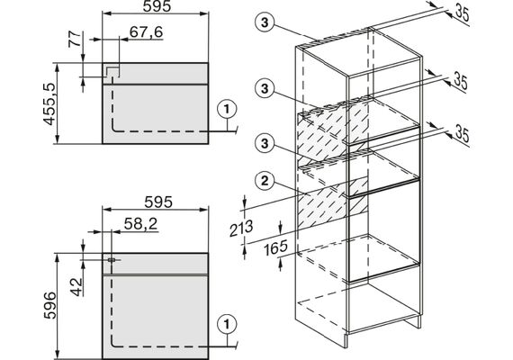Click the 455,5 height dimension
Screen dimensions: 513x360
point(49,104)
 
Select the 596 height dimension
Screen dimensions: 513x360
point(49,305)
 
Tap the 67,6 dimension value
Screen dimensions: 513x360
point(146,32)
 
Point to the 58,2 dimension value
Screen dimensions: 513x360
point(141,224)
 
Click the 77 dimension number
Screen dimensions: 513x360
point(75,40)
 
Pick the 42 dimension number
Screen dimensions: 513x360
point(76,287)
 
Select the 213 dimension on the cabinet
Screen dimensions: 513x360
point(241,228)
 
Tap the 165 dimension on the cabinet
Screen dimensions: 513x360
point(275,247)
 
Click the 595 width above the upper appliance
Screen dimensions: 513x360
point(157,6)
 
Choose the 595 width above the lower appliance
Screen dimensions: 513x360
point(158,202)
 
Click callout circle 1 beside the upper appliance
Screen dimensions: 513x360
point(227,110)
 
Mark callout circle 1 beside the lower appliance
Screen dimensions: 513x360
point(227,324)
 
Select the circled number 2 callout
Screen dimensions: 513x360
point(265,181)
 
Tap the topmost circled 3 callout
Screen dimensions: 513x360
point(265,22)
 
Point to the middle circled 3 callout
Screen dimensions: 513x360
point(265,89)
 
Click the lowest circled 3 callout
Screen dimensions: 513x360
point(265,143)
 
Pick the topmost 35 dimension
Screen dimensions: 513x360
point(463,13)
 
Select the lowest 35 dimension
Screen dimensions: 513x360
point(463,134)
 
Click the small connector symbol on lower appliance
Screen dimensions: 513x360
point(112,260)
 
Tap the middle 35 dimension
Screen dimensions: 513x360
point(461,81)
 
